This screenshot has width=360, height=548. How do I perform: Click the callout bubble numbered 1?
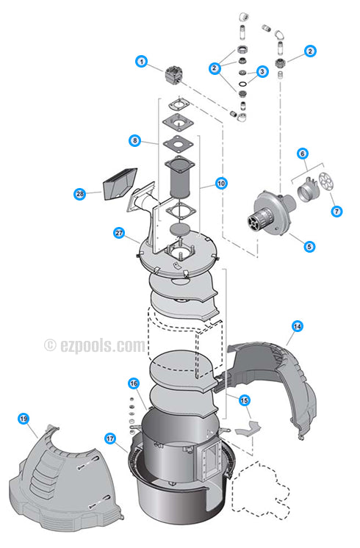coord(140,62)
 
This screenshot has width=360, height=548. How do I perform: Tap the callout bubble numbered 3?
coord(262,72)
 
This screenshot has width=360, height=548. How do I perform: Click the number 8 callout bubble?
coord(134,140)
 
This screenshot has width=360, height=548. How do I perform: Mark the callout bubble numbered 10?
coord(221,184)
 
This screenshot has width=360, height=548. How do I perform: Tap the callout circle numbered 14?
coord(297,325)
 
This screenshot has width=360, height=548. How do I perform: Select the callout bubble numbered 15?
coord(245,400)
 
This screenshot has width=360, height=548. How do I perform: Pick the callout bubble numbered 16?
coord(134,383)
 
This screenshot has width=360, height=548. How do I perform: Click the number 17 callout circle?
coord(110,439)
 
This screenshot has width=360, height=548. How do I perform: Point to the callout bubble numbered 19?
coord(24,419)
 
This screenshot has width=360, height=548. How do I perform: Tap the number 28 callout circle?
coord(79,194)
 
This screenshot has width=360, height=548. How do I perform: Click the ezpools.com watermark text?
coord(95,345)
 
